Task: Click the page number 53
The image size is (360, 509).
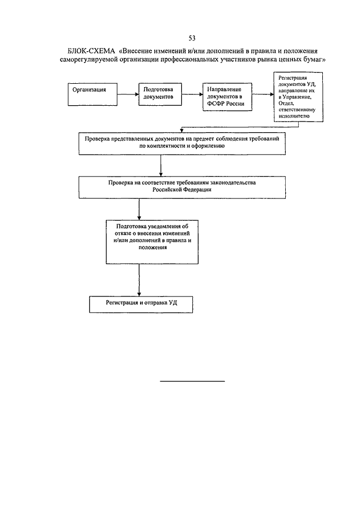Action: [x=192, y=38]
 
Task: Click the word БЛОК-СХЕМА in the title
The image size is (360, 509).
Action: [x=91, y=51]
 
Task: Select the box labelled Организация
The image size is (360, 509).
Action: [x=92, y=94]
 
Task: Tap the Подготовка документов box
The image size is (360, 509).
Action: [x=160, y=94]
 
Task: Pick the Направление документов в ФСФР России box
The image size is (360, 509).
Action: [x=227, y=97]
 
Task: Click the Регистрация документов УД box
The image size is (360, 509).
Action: [x=298, y=97]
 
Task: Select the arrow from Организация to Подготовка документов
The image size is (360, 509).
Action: [x=128, y=94]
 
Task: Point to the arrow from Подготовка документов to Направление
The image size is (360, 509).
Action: [x=192, y=94]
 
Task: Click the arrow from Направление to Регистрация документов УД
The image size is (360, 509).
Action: [x=263, y=94]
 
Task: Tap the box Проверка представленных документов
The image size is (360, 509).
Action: [x=182, y=143]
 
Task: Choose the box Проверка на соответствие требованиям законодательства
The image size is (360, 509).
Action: [x=182, y=187]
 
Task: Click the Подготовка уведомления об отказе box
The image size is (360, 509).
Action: [x=152, y=242]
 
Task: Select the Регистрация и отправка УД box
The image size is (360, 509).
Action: [x=141, y=304]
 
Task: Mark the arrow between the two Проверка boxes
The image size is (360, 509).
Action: [x=161, y=165]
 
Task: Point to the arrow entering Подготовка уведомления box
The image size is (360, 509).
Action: [x=139, y=209]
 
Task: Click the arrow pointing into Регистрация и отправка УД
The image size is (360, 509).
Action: [x=139, y=280]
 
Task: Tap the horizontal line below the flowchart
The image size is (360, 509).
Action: [x=192, y=381]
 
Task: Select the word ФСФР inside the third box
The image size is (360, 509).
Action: [x=215, y=104]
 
